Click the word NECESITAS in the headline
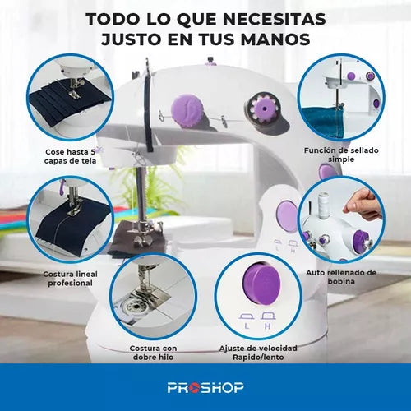pyautogui.click(x=274, y=19)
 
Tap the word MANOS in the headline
pyautogui.click(x=275, y=39)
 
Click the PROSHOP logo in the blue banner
pyautogui.click(x=205, y=387)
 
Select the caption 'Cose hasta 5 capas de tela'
pyautogui.click(x=71, y=156)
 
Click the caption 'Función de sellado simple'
pyautogui.click(x=341, y=155)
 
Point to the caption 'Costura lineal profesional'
pyautogui.click(x=70, y=279)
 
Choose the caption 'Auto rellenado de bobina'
pyautogui.click(x=341, y=277)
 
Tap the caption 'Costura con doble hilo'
pyautogui.click(x=153, y=353)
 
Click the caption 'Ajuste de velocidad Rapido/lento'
pyautogui.click(x=258, y=353)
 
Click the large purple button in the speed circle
pyautogui.click(x=261, y=283)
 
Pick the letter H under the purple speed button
pyautogui.click(x=268, y=326)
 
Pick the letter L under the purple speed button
pyautogui.click(x=247, y=326)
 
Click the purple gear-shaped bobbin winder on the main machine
pyautogui.click(x=264, y=109)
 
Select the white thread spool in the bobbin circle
pyautogui.click(x=324, y=205)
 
